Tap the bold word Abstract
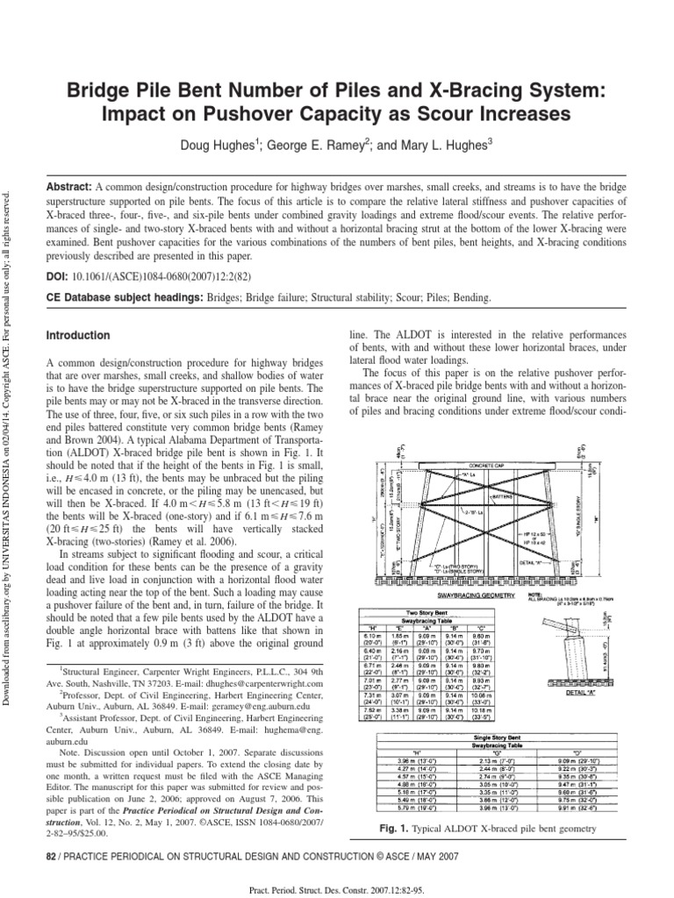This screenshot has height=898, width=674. (68, 189)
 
